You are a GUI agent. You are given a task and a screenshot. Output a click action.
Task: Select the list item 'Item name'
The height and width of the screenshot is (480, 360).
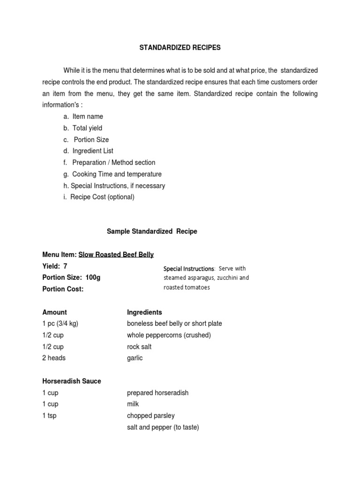coord(87,116)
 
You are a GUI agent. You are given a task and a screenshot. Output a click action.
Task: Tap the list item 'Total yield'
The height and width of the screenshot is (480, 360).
coord(87,128)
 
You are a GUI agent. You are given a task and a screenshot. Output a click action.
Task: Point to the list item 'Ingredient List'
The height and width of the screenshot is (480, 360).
coord(92,151)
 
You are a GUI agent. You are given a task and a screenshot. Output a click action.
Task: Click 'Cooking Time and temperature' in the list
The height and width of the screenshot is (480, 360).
coord(117,174)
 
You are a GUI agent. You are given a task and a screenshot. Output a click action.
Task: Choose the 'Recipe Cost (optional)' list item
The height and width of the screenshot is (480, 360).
coord(102,197)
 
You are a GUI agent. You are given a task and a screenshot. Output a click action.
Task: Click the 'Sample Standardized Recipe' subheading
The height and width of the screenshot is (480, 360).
coord(152,232)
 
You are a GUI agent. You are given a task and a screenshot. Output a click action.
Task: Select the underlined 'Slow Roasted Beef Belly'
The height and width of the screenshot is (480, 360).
coord(116,255)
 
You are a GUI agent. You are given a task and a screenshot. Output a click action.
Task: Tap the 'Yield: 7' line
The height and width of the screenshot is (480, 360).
coord(55,266)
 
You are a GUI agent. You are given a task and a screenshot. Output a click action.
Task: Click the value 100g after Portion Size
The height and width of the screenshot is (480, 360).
coord(93,277)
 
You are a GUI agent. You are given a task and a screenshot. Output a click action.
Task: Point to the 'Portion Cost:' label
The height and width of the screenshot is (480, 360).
coord(63,289)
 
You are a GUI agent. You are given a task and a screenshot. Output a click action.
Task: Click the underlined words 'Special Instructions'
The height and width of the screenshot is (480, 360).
coord(188,269)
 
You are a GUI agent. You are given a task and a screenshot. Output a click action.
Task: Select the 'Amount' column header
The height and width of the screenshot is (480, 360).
coord(54,312)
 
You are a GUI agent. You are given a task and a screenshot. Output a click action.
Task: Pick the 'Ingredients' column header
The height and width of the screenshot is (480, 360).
coord(144,312)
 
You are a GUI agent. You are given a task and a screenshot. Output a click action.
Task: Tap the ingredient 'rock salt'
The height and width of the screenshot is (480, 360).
coord(139,346)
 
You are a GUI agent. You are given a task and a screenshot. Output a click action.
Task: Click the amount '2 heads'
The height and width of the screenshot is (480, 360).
coord(54,358)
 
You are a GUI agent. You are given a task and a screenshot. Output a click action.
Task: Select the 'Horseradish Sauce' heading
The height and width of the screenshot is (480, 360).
coord(71,381)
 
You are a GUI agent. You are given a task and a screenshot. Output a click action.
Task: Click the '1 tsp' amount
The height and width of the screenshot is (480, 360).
coord(49,416)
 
